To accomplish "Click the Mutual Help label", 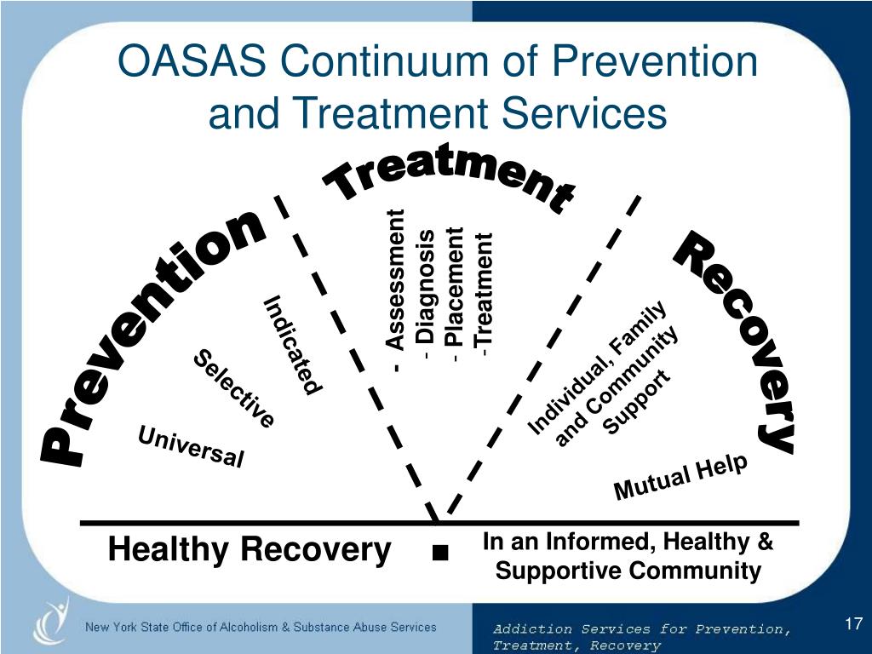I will click(x=680, y=478).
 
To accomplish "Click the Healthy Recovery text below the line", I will click(x=249, y=551).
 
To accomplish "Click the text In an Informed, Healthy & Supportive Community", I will click(x=628, y=556).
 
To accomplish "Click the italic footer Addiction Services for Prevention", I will click(x=641, y=629).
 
